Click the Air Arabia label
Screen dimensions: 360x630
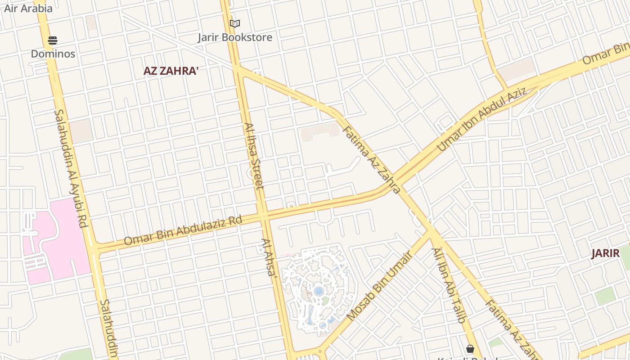(28, 8)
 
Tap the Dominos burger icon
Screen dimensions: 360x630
(53, 40)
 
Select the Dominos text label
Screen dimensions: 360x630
(53, 54)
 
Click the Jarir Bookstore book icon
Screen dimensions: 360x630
(234, 23)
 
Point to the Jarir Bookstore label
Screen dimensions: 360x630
(235, 37)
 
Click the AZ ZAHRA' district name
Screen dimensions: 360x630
(171, 71)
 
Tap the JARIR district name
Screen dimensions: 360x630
(605, 253)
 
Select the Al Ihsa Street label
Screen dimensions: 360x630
(254, 155)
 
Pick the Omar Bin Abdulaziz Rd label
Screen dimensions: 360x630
(183, 230)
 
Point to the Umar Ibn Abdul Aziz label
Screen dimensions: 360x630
(481, 119)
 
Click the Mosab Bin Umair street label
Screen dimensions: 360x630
(379, 287)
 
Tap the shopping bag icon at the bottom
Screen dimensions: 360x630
(470, 349)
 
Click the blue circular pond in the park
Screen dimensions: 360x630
(319, 292)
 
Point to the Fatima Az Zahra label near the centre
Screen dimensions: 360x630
(371, 160)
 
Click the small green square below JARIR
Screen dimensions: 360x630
(605, 296)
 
